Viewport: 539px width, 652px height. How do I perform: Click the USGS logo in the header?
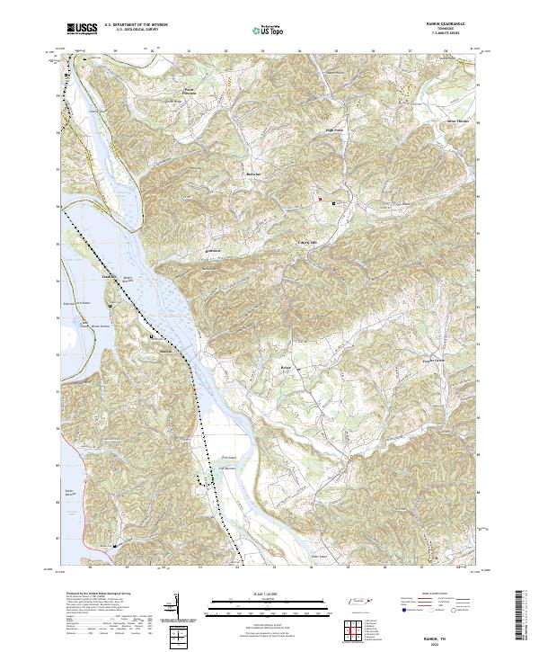(81, 30)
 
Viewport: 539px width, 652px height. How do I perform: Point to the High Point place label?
(335, 129)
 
